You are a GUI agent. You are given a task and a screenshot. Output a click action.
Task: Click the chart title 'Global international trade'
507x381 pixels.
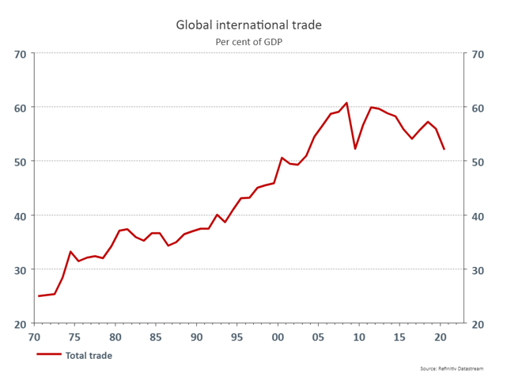248,25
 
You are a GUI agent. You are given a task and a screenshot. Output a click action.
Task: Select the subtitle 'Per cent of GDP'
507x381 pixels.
248,42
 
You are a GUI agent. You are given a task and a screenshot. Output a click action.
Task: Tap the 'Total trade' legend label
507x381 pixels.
89,356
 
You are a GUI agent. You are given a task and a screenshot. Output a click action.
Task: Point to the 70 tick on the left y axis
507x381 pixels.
20,54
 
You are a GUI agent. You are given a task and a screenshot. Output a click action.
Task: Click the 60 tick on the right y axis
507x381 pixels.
477,108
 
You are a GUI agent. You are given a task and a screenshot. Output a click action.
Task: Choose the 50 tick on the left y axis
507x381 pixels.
20,162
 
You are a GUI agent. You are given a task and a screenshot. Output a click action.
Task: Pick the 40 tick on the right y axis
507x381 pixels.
477,216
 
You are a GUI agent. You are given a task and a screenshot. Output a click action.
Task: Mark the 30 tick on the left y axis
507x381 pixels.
20,270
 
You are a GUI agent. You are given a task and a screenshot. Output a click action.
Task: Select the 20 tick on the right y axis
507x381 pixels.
477,324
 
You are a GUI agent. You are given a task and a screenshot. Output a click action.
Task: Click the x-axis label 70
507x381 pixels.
33,337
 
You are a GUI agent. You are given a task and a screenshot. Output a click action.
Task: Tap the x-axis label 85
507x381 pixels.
156,337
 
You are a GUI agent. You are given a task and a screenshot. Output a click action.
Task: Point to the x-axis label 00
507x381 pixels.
278,337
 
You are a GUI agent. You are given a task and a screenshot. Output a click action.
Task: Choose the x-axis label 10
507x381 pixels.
359,337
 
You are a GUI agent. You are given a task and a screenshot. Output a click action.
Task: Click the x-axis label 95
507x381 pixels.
237,337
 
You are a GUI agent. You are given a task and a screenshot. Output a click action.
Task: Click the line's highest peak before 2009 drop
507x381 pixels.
346,103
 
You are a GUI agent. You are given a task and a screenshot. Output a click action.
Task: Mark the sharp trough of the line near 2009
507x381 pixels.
355,149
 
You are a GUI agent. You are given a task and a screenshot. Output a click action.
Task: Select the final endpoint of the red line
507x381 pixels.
445,149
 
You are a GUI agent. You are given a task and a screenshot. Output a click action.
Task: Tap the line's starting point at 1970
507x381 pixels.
39,296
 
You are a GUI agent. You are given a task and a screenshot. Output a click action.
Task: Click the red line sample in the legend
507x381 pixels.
48,356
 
